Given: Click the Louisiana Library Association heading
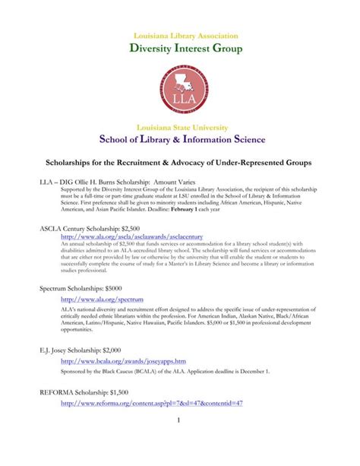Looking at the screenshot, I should [180, 36].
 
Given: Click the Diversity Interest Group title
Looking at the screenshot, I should [180, 50].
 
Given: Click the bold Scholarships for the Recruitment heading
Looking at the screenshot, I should [180, 165].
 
